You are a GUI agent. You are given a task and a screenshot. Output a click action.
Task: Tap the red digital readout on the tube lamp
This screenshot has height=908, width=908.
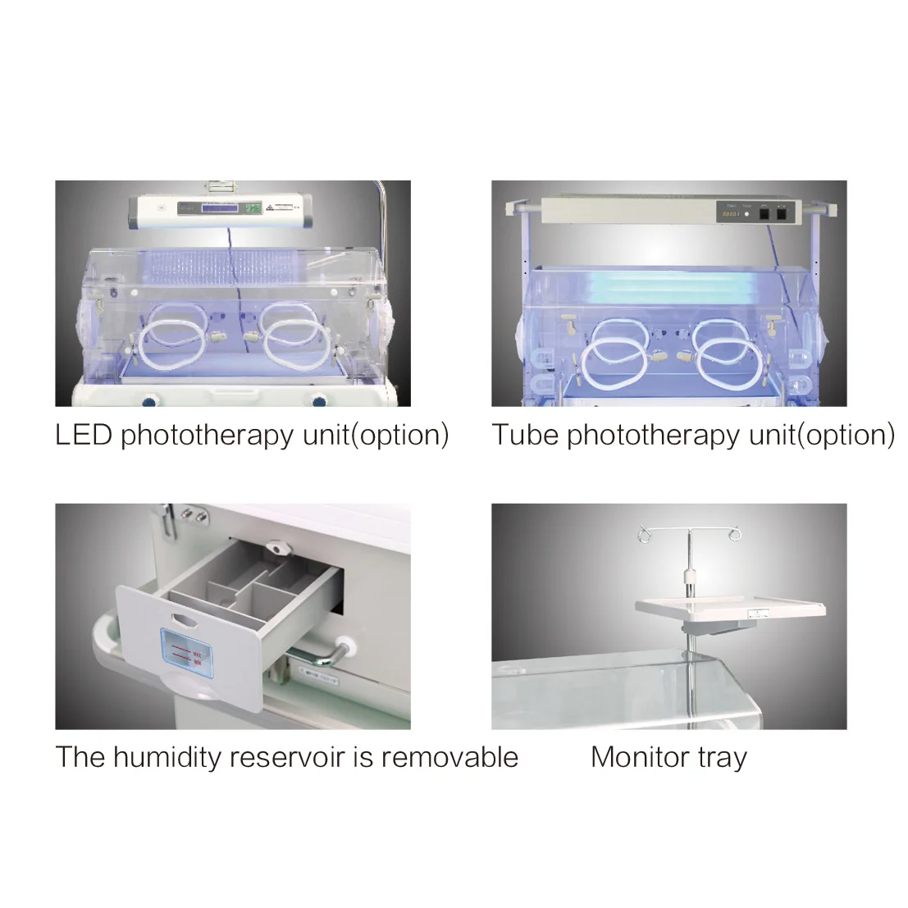coord(728,213)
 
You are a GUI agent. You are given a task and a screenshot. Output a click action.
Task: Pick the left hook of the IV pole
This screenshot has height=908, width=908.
coord(644,536)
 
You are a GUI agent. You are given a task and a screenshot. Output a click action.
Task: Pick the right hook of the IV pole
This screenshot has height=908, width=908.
coord(734,535)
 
